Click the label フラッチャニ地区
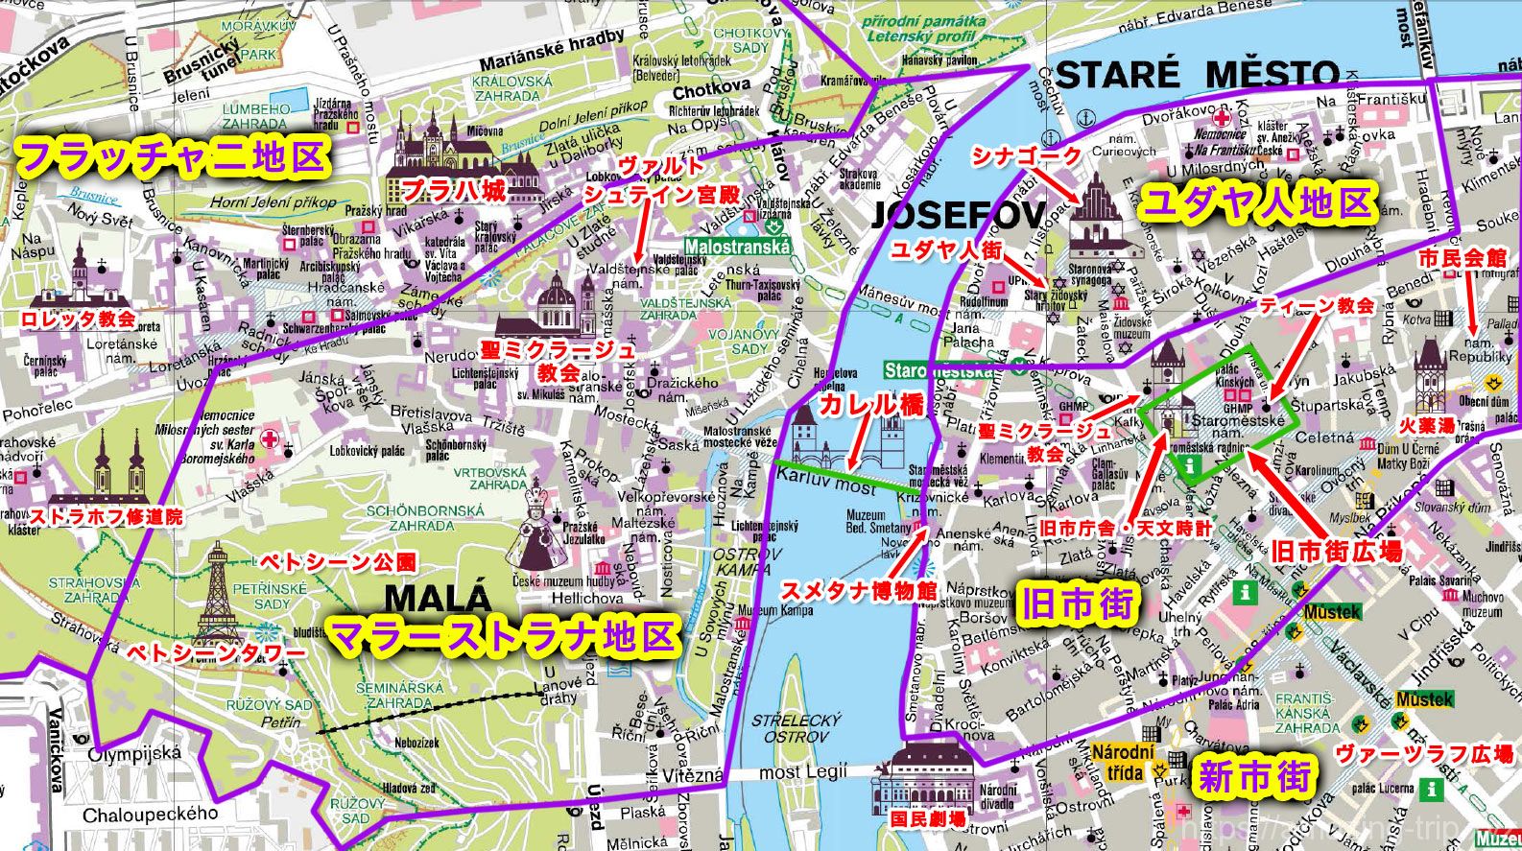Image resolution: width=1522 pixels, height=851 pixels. click(174, 157)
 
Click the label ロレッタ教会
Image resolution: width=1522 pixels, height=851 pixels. click(79, 319)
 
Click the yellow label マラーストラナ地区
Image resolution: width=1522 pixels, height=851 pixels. click(503, 635)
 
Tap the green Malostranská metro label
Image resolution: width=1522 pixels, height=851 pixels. click(738, 247)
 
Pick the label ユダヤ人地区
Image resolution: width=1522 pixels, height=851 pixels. click(1257, 203)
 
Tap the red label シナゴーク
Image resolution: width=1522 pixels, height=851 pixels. click(1027, 154)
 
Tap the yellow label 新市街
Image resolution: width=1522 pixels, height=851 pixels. click(1253, 776)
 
